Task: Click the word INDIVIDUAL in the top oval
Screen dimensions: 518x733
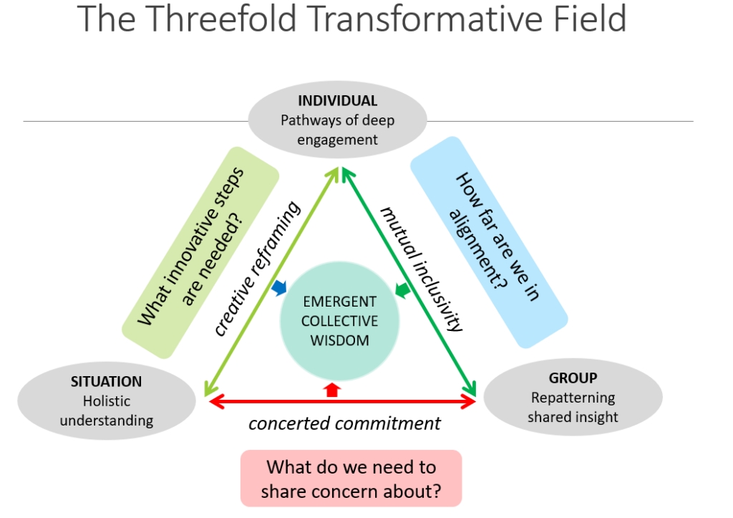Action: click(x=337, y=100)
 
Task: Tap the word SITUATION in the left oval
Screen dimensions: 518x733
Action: click(x=106, y=382)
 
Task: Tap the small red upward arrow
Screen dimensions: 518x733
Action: click(x=331, y=389)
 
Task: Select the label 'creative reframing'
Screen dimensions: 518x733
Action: click(x=258, y=269)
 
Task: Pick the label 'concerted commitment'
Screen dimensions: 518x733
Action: click(x=344, y=423)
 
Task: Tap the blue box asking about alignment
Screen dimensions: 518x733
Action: click(x=488, y=242)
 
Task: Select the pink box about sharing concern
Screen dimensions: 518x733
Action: click(x=351, y=479)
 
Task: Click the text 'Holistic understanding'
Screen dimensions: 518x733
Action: click(x=106, y=411)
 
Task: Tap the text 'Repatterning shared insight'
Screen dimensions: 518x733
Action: click(x=573, y=407)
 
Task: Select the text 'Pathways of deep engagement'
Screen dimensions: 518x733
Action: click(x=337, y=130)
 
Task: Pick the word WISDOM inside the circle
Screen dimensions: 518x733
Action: click(x=339, y=340)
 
